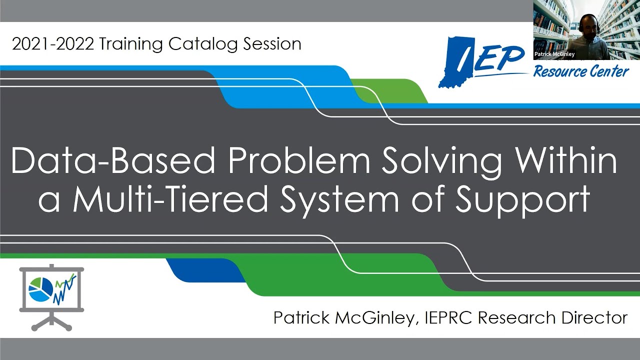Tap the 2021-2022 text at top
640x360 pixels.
[52, 44]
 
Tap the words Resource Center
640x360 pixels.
[580, 71]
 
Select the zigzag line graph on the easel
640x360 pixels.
[65, 288]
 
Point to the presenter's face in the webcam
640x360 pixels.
[588, 28]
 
